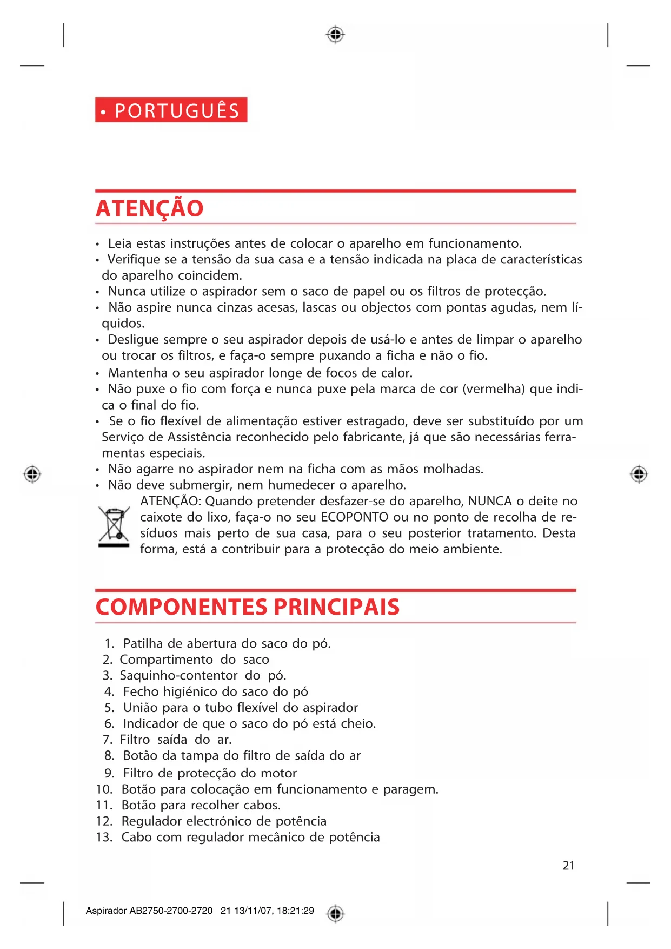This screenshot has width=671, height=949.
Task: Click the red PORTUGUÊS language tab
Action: tap(171, 110)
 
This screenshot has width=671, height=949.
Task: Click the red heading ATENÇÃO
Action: tap(149, 209)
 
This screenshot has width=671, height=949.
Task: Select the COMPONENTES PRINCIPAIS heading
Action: tap(247, 607)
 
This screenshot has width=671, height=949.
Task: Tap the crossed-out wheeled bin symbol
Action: tap(114, 526)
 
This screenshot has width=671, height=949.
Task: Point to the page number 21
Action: tap(568, 866)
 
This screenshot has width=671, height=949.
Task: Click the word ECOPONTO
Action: tap(354, 517)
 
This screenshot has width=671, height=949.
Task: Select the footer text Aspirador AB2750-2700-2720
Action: tap(149, 911)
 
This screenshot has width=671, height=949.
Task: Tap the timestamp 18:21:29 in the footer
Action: tap(295, 911)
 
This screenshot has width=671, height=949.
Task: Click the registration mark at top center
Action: tap(335, 35)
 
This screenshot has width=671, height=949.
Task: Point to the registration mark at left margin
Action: tap(32, 474)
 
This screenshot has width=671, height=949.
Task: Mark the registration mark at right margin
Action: tap(639, 474)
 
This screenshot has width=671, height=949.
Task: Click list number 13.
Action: tap(104, 838)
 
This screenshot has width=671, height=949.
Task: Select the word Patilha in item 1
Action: tap(143, 644)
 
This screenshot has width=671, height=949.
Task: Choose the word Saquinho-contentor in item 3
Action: tap(178, 676)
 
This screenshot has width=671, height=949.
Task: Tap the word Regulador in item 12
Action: tap(151, 821)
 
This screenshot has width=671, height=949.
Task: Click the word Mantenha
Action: tap(138, 373)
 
